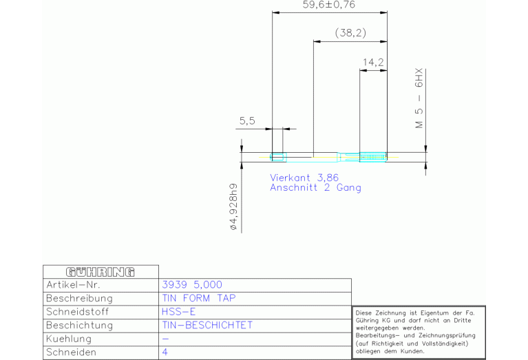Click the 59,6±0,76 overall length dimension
pyautogui.click(x=328, y=5)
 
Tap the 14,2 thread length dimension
pyautogui.click(x=373, y=63)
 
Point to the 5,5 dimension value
pyautogui.click(x=247, y=121)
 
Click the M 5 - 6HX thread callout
pyautogui.click(x=419, y=98)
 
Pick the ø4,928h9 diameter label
pyautogui.click(x=233, y=207)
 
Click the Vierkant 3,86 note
pyautogui.click(x=304, y=178)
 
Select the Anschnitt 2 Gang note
pyautogui.click(x=315, y=188)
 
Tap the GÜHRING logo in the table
pyautogui.click(x=101, y=272)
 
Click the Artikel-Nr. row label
pyautogui.click(x=73, y=285)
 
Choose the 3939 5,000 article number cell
pyautogui.click(x=192, y=285)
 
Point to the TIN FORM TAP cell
pyautogui.click(x=199, y=298)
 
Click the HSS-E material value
pyautogui.click(x=178, y=312)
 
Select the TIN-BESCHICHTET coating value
pyautogui.click(x=207, y=326)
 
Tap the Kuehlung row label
pyautogui.click(x=69, y=339)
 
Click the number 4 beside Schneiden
pyautogui.click(x=165, y=352)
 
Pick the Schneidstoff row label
pyautogui.click(x=78, y=312)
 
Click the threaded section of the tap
pyautogui.click(x=373, y=157)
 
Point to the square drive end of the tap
pyautogui.click(x=277, y=157)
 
